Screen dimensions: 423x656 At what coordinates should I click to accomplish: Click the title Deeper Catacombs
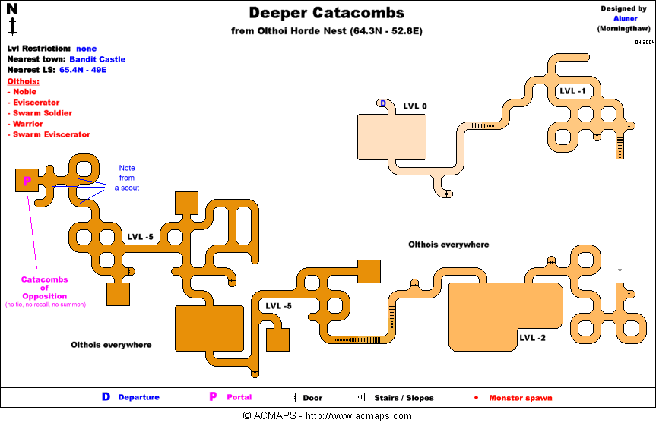click(x=327, y=13)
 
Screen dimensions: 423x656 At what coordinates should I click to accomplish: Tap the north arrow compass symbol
click(x=13, y=19)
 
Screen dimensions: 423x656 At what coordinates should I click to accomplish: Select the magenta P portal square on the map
click(x=27, y=181)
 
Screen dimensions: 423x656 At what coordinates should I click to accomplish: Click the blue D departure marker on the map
click(x=383, y=103)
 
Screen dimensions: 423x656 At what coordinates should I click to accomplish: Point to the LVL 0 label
click(x=414, y=106)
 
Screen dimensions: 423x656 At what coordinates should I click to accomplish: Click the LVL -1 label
click(x=572, y=91)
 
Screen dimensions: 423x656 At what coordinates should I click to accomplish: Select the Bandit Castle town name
click(x=97, y=58)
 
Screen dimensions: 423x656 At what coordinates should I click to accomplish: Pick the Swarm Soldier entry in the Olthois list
click(x=43, y=113)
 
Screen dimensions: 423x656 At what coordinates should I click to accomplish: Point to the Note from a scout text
click(x=126, y=178)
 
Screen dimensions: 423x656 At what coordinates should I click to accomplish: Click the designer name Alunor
click(x=626, y=18)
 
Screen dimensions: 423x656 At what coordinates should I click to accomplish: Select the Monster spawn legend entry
click(x=520, y=398)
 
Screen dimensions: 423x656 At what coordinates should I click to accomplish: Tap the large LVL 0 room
click(x=391, y=136)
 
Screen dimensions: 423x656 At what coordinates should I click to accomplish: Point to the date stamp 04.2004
click(x=643, y=42)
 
